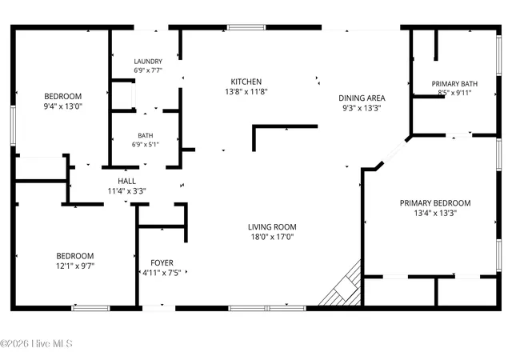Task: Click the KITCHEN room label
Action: click(246, 82)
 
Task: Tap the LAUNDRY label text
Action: click(148, 62)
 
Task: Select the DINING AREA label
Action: click(362, 98)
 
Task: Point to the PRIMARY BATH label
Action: click(454, 84)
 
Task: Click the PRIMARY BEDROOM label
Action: click(435, 203)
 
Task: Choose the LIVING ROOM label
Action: click(272, 227)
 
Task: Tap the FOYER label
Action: click(162, 263)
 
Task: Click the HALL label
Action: click(126, 182)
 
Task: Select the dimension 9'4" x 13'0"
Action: click(63, 106)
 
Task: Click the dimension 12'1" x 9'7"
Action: click(75, 266)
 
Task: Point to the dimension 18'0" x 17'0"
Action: click(272, 237)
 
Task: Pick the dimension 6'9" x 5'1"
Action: click(146, 144)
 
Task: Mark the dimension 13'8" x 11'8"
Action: click(246, 92)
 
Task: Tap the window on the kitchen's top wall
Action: click(246, 27)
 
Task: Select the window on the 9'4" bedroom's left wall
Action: click(13, 126)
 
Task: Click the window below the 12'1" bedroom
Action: click(90, 308)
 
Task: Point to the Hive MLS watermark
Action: click(36, 344)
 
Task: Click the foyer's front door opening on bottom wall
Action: click(158, 308)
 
